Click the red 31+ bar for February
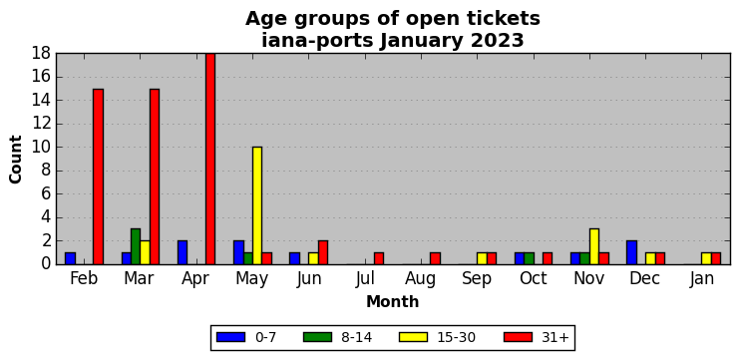pyautogui.click(x=98, y=177)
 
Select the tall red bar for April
pyautogui.click(x=210, y=159)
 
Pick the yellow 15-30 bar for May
pyautogui.click(x=257, y=205)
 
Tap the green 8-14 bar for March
pyautogui.click(x=136, y=246)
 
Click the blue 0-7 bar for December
pyautogui.click(x=631, y=252)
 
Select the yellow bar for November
pyautogui.click(x=594, y=246)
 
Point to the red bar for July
pyautogui.click(x=378, y=258)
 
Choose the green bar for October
pyautogui.click(x=529, y=258)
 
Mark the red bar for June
pyautogui.click(x=322, y=252)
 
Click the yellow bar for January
pyautogui.click(x=706, y=258)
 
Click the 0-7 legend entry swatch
pyautogui.click(x=230, y=337)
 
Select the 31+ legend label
pyautogui.click(x=554, y=337)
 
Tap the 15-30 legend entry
pyautogui.click(x=437, y=337)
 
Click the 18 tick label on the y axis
pyautogui.click(x=42, y=54)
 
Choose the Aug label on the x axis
pyautogui.click(x=421, y=279)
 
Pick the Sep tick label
pyautogui.click(x=477, y=279)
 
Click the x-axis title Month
pyautogui.click(x=393, y=301)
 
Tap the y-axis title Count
pyautogui.click(x=16, y=160)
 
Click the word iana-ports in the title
pyautogui.click(x=317, y=41)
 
